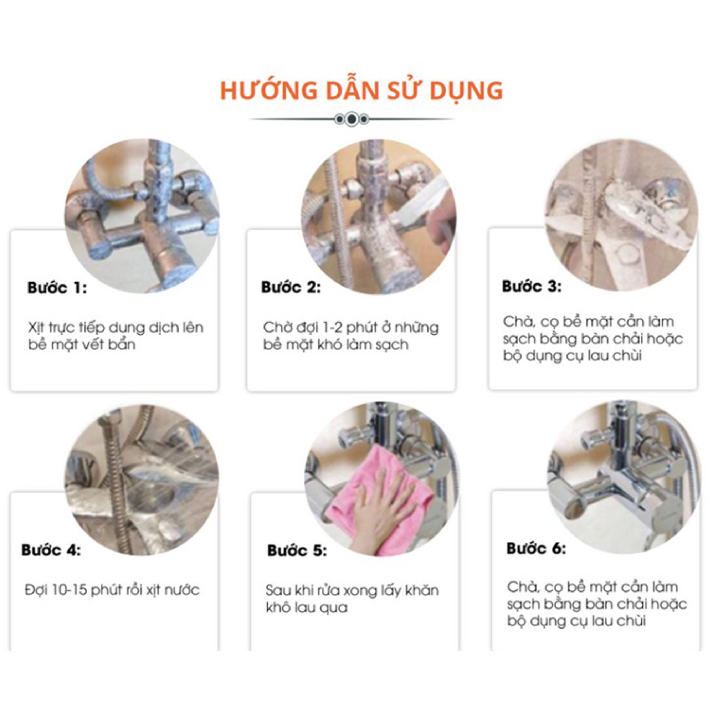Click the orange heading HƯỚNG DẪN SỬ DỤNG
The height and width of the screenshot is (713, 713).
click(361, 91)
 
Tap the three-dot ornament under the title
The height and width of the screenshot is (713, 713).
click(352, 119)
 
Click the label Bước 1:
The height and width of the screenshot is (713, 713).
click(57, 288)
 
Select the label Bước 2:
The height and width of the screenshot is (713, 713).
click(291, 287)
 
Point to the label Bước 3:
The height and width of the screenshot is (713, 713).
click(532, 286)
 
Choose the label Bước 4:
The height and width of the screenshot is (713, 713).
click(51, 550)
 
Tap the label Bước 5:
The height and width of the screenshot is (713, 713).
click(297, 551)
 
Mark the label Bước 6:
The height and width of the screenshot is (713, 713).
click(536, 548)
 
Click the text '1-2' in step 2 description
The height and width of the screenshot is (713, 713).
click(334, 328)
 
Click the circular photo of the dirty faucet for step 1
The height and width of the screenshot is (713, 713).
click(142, 216)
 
